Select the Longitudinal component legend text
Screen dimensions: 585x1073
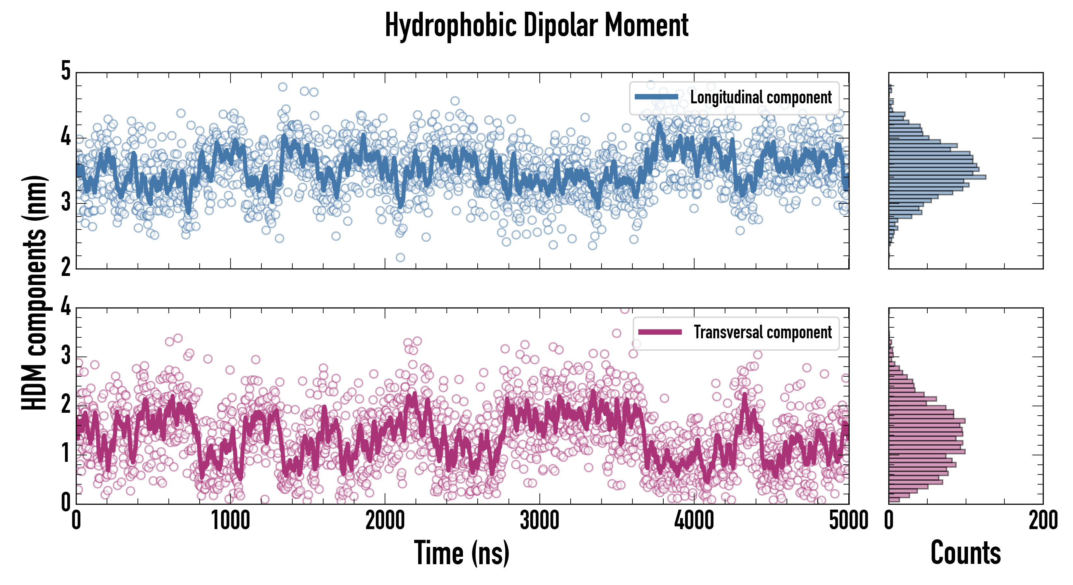761,97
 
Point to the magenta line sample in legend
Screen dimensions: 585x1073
660,332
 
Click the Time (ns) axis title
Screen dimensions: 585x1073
461,553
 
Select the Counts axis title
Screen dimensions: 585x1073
965,553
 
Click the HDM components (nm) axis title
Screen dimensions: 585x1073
34,293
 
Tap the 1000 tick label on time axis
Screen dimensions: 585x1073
230,520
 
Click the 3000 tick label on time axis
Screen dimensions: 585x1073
539,520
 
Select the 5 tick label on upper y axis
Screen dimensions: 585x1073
66,71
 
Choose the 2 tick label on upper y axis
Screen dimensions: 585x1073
66,267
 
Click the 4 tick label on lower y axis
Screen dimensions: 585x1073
66,307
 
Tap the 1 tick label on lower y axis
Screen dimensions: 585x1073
66,453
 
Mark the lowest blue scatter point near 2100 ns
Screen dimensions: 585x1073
400,258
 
